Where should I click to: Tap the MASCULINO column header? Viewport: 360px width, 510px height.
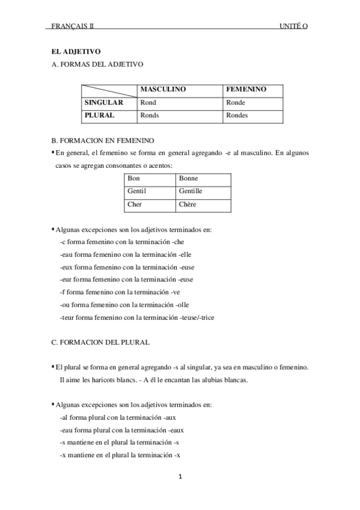[163, 90]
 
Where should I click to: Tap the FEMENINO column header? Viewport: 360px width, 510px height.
[246, 90]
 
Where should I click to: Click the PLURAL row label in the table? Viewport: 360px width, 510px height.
[99, 115]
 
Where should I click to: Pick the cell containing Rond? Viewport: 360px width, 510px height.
[148, 103]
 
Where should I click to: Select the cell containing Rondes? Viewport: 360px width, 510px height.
[237, 115]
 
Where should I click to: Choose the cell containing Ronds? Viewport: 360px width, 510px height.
[149, 115]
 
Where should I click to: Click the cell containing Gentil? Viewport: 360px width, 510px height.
[137, 191]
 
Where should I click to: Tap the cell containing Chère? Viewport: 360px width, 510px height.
[188, 204]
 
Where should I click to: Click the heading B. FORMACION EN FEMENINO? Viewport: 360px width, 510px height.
[103, 141]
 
